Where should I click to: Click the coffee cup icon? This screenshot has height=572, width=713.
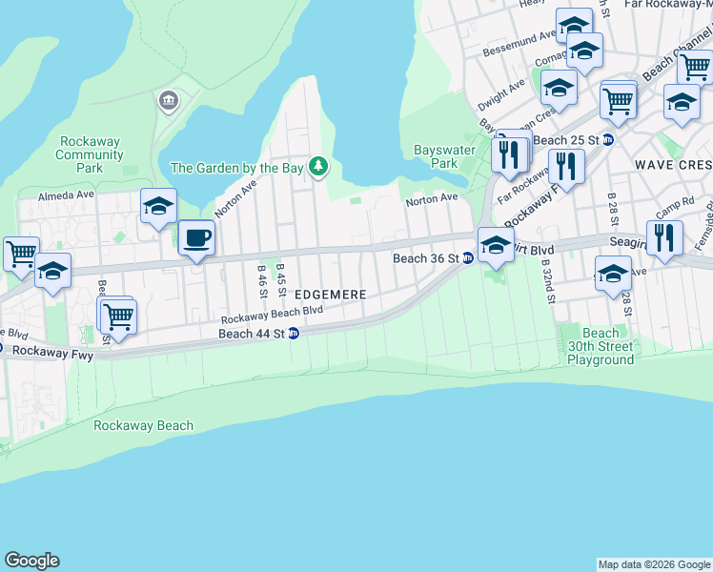coord(196,238)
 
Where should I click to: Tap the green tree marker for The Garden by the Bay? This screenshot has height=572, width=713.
coord(317,168)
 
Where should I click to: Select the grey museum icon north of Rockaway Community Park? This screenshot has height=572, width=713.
coord(169,100)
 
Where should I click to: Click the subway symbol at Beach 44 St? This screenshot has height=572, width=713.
coord(295,334)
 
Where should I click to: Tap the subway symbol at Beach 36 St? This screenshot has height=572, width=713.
coord(468,258)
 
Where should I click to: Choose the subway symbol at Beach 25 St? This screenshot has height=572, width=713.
coord(609,139)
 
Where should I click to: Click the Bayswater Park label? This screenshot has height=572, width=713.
coord(437,156)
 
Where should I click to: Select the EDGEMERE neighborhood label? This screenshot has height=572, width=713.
coord(330,296)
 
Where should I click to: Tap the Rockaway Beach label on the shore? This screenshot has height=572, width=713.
coord(143,425)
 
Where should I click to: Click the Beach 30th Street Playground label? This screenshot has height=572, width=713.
coord(601,346)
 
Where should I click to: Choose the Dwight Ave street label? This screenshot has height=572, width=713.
coord(501,92)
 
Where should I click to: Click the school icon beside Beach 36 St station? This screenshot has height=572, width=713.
coord(495,245)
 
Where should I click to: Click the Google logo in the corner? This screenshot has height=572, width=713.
coord(31,561)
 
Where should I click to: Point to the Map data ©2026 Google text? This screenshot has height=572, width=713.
coord(653,564)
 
